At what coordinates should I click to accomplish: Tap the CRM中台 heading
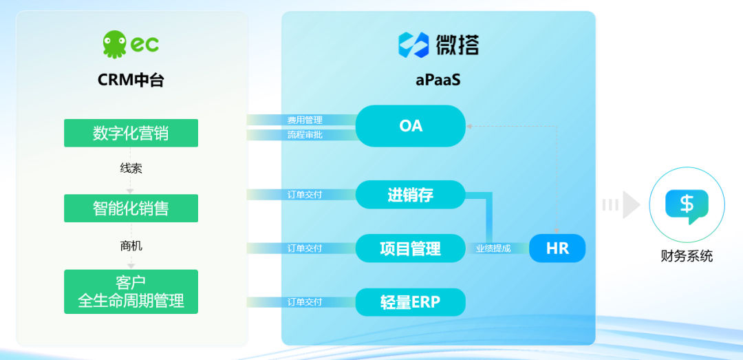point(131,80)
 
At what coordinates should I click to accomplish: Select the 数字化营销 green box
point(131,133)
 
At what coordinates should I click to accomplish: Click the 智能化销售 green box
point(131,208)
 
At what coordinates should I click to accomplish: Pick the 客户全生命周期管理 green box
point(131,292)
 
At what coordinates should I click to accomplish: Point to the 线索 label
point(131,169)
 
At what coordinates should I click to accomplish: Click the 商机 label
point(131,246)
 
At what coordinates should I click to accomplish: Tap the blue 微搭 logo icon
point(413,45)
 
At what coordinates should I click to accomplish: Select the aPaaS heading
point(438,80)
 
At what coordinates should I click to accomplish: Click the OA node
point(410,126)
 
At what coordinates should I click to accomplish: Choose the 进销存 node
point(410,195)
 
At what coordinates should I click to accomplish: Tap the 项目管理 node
point(410,248)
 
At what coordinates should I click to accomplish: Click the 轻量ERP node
point(410,302)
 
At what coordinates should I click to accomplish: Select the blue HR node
point(557,248)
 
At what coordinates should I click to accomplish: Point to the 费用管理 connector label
point(305,120)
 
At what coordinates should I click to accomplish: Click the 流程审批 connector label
point(305,135)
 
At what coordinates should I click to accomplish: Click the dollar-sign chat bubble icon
point(687,206)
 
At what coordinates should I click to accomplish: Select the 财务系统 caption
point(687,256)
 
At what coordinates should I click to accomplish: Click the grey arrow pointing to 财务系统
point(621,205)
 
